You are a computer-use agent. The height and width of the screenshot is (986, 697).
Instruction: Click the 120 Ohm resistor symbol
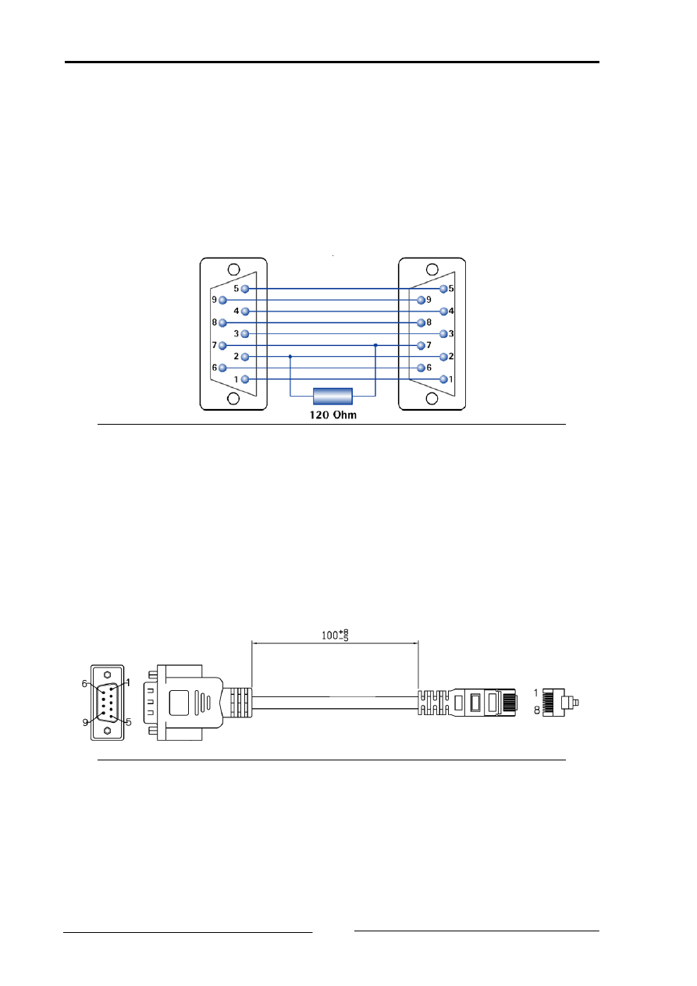(332, 396)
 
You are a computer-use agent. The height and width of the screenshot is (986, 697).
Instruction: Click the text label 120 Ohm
(333, 415)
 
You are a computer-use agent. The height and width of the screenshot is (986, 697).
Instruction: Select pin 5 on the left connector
(245, 289)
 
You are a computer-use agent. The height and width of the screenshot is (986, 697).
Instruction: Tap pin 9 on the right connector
(421, 300)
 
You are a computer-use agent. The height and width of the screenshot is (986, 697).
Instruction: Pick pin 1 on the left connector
(245, 379)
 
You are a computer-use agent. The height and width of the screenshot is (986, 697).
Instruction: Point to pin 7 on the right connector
(421, 345)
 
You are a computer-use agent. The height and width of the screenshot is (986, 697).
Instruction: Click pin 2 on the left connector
(245, 357)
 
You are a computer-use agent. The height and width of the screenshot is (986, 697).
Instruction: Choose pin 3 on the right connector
(443, 333)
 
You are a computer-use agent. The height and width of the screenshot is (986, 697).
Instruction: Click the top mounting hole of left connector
(233, 269)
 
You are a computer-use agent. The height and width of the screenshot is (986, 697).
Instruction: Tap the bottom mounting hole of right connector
(432, 398)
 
